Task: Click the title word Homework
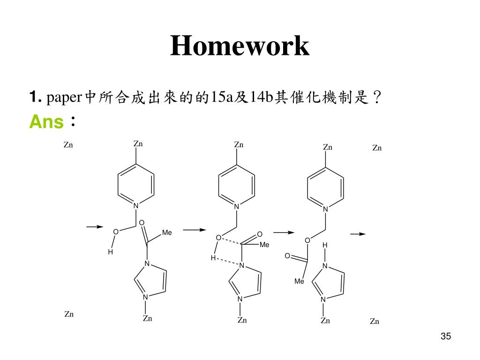[x=240, y=46]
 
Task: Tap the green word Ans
[x=46, y=122]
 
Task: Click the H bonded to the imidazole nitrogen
[x=324, y=245]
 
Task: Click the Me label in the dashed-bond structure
[x=264, y=244]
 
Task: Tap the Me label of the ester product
[x=299, y=281]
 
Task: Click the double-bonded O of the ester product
[x=287, y=256]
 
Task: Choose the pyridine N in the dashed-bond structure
[x=237, y=207]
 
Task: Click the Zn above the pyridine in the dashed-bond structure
[x=239, y=144]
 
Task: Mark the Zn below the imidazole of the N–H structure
[x=325, y=321]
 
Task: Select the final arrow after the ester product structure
[x=358, y=233]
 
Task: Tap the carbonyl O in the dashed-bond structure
[x=260, y=234]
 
